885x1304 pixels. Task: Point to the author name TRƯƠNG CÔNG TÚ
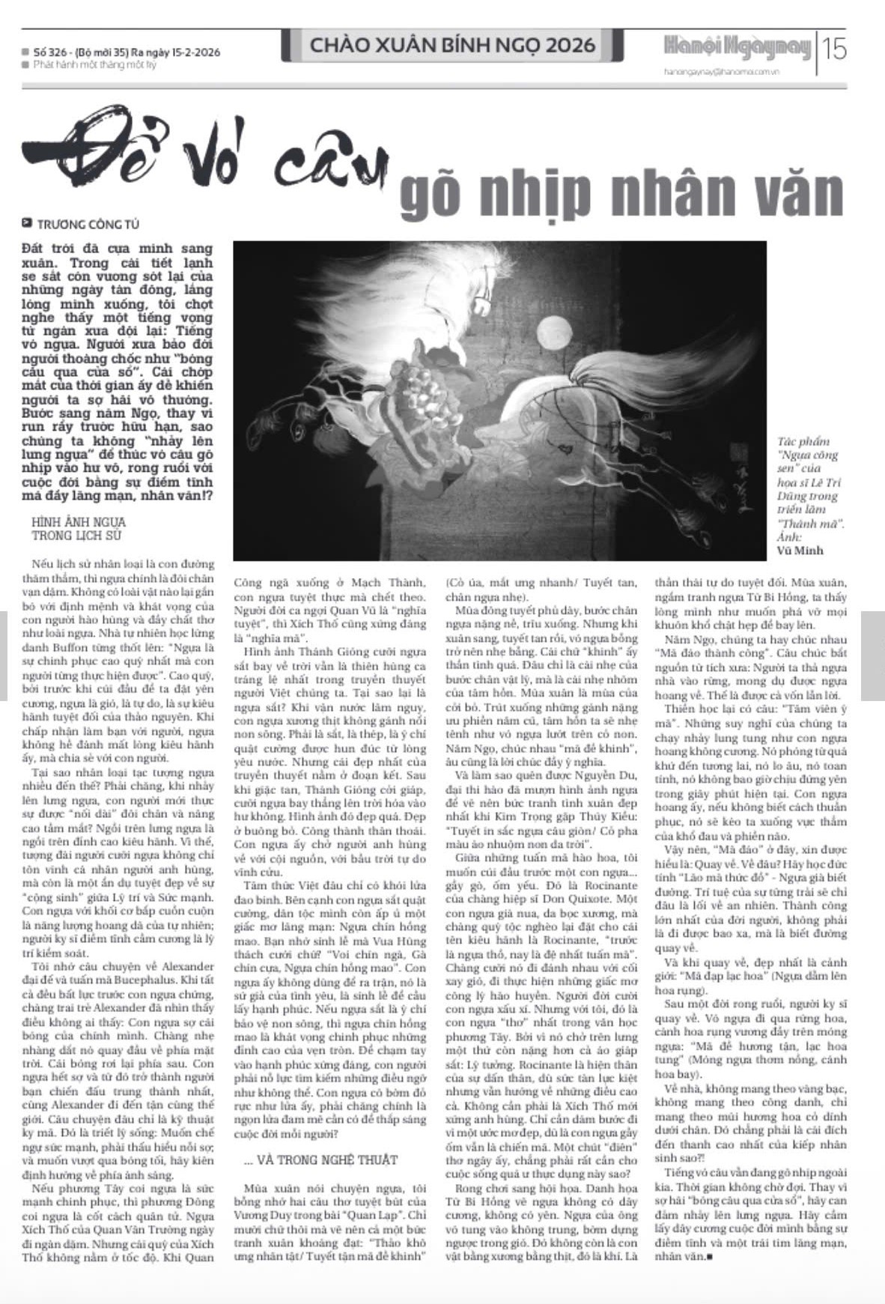(88, 224)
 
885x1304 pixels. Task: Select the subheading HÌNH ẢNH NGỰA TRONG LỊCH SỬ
(79, 529)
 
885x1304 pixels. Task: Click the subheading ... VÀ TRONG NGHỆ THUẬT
(321, 1159)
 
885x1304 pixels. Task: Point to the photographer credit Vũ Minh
(800, 551)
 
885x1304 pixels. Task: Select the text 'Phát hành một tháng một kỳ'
(94, 65)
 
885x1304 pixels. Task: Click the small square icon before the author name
(28, 223)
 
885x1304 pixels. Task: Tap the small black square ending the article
(709, 1256)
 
